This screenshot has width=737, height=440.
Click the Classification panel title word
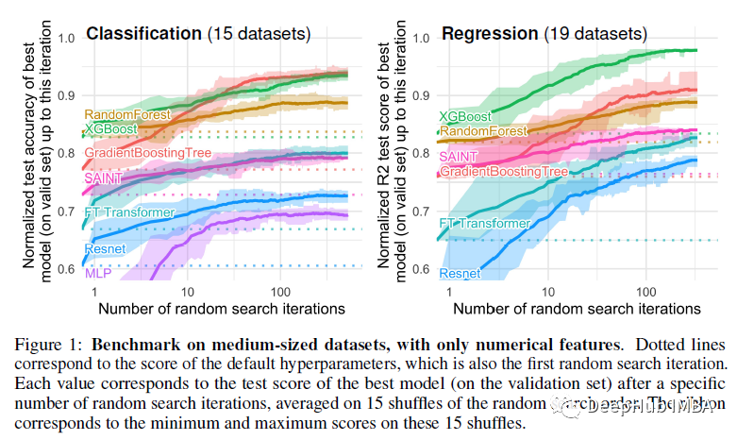tap(143, 34)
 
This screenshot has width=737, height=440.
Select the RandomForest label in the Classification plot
tap(127, 114)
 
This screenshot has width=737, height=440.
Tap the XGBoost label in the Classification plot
tap(110, 127)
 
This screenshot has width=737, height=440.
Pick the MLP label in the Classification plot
tap(97, 273)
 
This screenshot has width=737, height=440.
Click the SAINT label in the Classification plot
tap(103, 178)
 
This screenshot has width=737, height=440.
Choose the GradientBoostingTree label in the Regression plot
tap(504, 172)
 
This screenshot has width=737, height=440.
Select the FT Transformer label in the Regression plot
tap(485, 224)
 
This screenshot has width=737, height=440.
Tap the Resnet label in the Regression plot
tap(461, 273)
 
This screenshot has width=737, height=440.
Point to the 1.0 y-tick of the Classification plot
tap(68, 39)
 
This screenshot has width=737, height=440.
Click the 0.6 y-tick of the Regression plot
tap(422, 270)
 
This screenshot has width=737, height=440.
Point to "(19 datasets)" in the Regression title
tap(595, 34)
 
